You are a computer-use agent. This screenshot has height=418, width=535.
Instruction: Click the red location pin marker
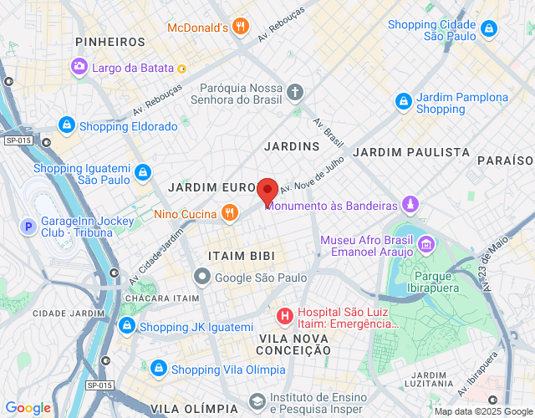[x=267, y=191]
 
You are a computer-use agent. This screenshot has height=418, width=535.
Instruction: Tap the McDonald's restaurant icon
[x=241, y=27]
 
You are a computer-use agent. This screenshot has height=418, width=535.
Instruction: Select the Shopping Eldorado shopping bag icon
[x=66, y=126]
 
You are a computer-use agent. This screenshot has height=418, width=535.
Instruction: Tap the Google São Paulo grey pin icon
[x=201, y=277]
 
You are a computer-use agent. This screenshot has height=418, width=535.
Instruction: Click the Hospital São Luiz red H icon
[x=284, y=316]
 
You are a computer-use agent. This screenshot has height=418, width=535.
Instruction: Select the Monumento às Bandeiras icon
[x=410, y=205]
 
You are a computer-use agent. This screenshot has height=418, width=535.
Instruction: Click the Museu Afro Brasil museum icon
[x=426, y=244]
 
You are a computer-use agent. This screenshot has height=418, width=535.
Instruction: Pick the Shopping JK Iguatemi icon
[x=126, y=326]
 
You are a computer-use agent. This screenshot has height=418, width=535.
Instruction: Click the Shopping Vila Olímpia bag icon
[x=158, y=369]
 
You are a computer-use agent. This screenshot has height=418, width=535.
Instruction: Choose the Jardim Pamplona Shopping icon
[x=404, y=102]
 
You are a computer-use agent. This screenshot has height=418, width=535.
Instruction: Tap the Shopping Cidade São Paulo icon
[x=489, y=30]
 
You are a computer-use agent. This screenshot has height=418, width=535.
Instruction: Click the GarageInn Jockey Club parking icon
[x=28, y=226]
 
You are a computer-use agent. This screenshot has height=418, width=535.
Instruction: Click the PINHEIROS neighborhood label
[x=110, y=41]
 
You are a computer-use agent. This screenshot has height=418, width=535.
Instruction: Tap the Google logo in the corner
[x=28, y=408]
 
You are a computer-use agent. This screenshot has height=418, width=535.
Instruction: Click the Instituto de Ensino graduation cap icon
[x=257, y=402]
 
